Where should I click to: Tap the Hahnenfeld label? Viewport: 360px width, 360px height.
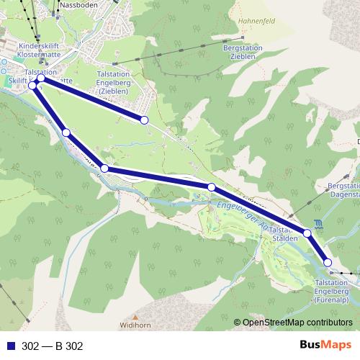point(240,22)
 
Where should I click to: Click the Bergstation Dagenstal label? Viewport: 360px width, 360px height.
point(343,190)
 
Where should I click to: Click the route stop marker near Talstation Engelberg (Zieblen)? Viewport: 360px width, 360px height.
point(144,120)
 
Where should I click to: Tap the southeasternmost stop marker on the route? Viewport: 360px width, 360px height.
point(328,263)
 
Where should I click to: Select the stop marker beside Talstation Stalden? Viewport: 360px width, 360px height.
point(307,233)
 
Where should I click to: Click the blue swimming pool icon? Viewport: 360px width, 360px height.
point(319,223)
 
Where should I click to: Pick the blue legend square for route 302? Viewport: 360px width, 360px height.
point(10,346)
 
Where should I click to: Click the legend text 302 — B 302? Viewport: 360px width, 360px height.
point(53,346)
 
